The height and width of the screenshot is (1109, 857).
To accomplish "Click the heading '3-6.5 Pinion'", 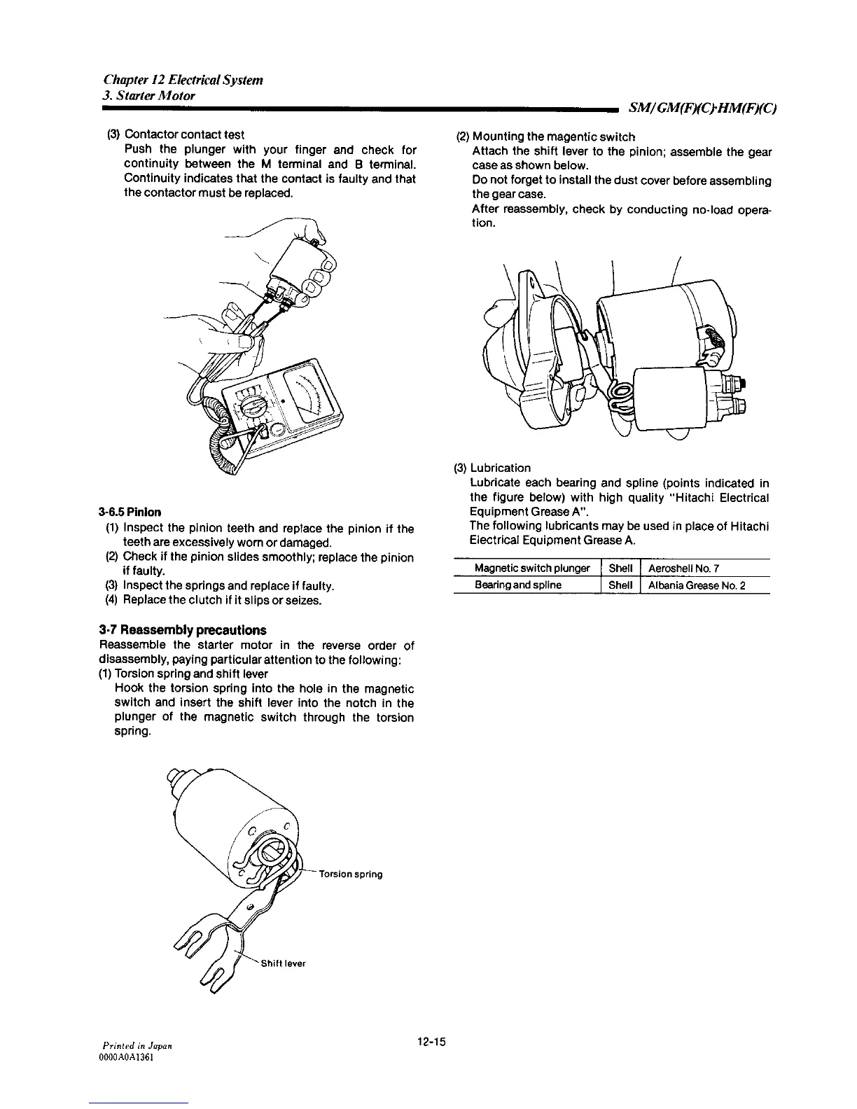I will pos(130,512).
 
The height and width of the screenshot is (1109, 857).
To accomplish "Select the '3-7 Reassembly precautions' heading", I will pos(183,630).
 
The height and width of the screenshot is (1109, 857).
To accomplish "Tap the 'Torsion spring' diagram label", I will pos(351,874).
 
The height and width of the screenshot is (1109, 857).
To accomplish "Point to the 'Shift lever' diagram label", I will pos(283,963).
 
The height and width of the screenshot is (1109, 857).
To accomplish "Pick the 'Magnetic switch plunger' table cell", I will pos(532,568).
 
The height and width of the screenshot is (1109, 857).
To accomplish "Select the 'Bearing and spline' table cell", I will pos(518,585).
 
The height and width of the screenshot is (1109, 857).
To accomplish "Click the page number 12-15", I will pos(430,1041).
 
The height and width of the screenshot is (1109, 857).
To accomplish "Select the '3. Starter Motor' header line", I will pos(148,95).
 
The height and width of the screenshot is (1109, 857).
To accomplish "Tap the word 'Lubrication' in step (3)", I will pos(501,468).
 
